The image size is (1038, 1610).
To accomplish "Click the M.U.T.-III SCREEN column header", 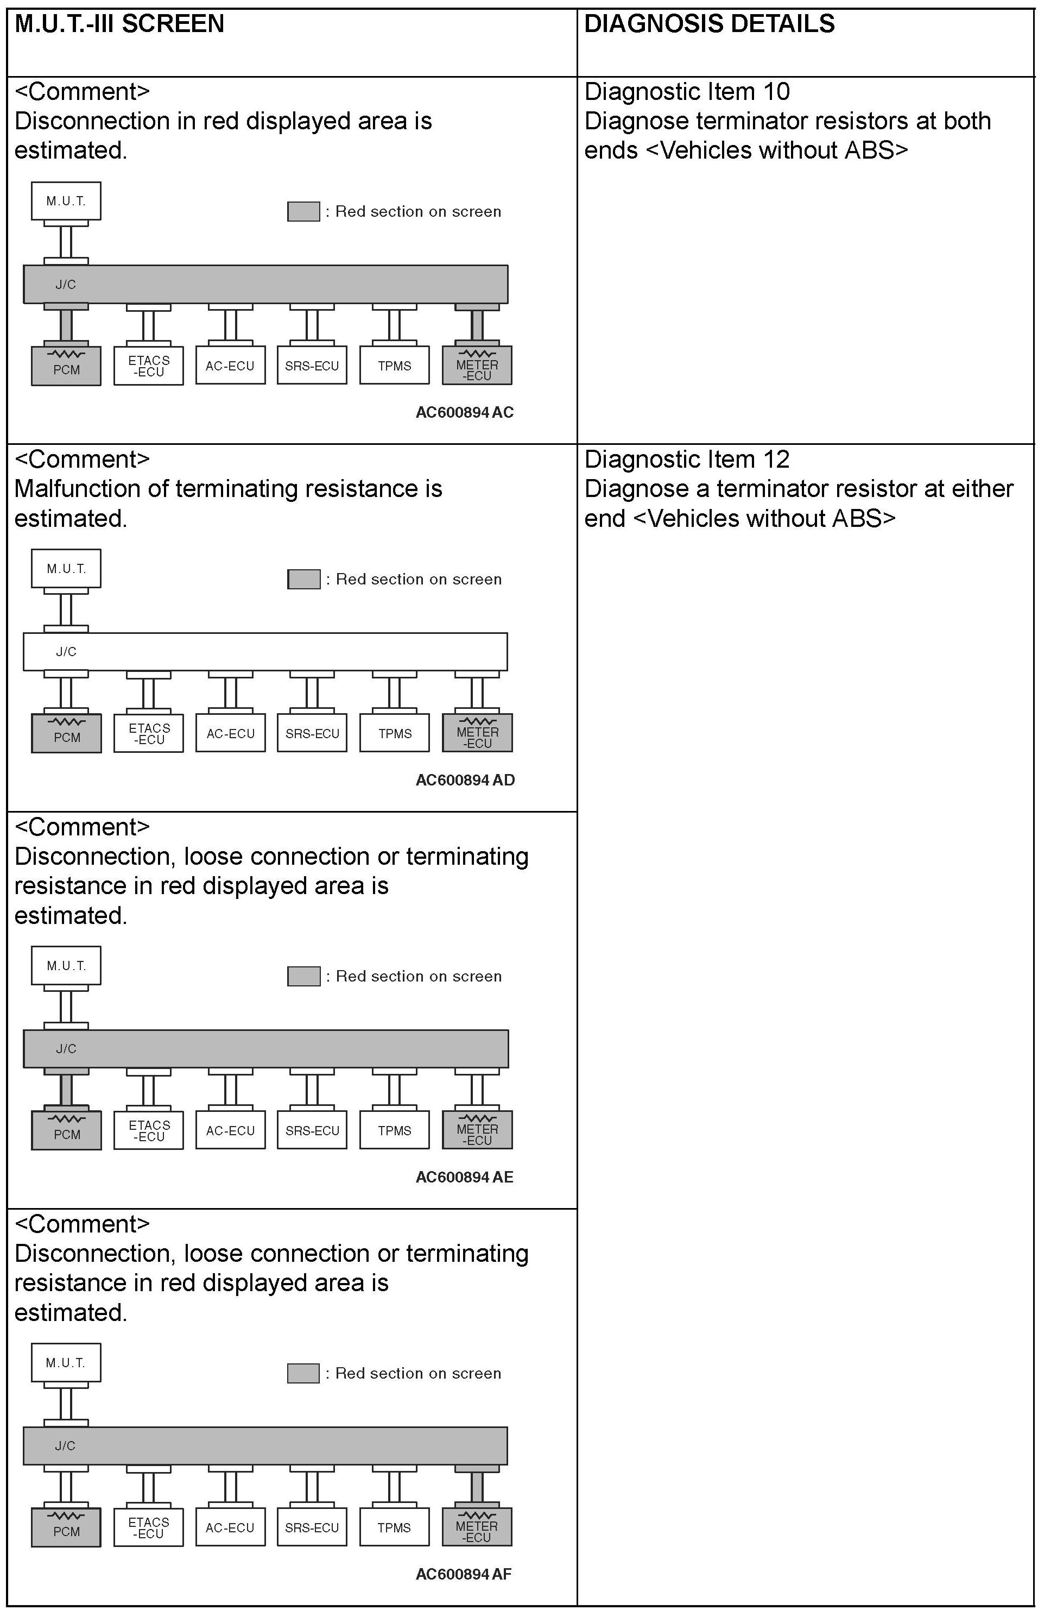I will [119, 24].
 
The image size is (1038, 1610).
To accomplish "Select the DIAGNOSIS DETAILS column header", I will [709, 24].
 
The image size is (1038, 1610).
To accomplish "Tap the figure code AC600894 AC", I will [464, 412].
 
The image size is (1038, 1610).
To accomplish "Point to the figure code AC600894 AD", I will [465, 780].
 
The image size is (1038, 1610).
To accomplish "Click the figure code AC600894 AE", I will [464, 1177].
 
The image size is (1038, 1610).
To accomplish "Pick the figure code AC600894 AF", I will [464, 1574].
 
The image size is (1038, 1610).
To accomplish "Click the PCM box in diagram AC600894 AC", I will [66, 366].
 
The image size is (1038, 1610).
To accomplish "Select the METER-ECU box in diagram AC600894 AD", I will [477, 733].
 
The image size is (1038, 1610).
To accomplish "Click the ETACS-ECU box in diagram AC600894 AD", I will [149, 733].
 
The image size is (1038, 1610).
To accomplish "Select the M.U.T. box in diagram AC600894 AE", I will [66, 965].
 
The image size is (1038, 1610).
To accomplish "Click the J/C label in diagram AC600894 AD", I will [66, 652].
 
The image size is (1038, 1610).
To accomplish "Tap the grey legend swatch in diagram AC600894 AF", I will [303, 1373].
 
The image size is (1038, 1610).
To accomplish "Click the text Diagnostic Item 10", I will [687, 92].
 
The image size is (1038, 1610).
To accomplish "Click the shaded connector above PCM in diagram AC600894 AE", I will [66, 1090].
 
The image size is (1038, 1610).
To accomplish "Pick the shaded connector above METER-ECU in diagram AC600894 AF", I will [477, 1487].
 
